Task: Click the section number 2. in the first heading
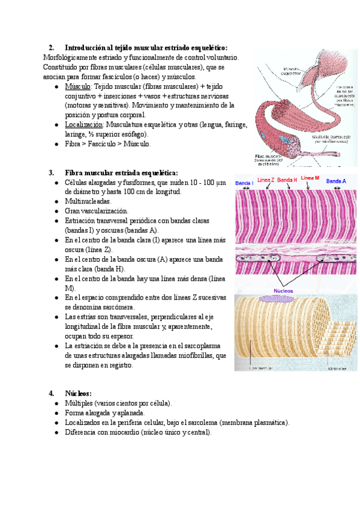coord(52,47)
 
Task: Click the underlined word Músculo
coord(77,86)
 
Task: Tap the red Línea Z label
coord(265,181)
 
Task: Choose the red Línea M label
coord(310,178)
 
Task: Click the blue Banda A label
coord(336,181)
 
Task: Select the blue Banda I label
coord(244,182)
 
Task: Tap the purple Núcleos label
coord(283,291)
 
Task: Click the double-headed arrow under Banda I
coord(244,188)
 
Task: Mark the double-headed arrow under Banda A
coord(337,188)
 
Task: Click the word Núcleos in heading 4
coord(79,393)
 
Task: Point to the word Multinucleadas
coord(88,201)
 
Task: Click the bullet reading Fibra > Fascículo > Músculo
coord(108,144)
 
